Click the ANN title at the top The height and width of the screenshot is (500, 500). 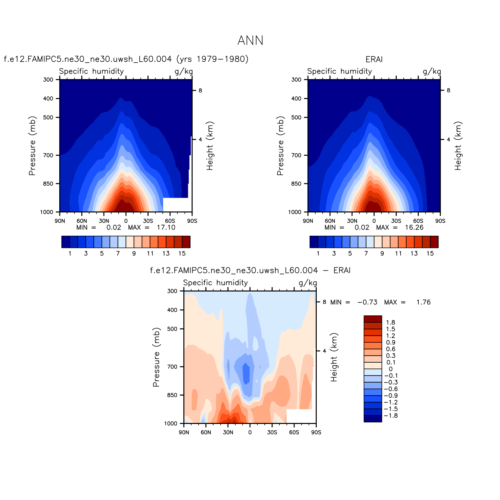point(250,41)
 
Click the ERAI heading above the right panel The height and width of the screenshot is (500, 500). point(374,59)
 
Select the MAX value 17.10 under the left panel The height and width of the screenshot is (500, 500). point(166,228)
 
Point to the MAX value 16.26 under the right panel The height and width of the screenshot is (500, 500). point(414,228)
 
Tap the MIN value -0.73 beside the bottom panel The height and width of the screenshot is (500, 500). point(367,302)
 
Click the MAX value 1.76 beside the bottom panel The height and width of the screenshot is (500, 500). point(423,302)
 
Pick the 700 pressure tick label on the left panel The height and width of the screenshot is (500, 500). point(48,155)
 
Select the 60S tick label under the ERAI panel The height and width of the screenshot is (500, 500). point(418,221)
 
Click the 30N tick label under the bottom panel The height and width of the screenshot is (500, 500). point(228,432)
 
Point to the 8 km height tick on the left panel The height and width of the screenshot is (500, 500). point(200,90)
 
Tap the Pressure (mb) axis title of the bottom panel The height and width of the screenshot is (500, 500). point(156,357)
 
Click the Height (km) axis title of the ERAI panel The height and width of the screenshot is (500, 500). point(458,146)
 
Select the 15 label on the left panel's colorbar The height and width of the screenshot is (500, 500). point(182,253)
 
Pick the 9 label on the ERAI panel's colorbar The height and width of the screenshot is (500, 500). point(382,253)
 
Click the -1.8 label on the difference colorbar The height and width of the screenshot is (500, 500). point(390,416)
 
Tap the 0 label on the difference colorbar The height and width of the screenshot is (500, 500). point(390,369)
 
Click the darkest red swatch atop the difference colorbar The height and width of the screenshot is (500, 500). point(373,319)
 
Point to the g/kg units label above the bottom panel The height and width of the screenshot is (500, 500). point(308,283)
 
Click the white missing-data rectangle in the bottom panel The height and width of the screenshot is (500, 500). point(299,416)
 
